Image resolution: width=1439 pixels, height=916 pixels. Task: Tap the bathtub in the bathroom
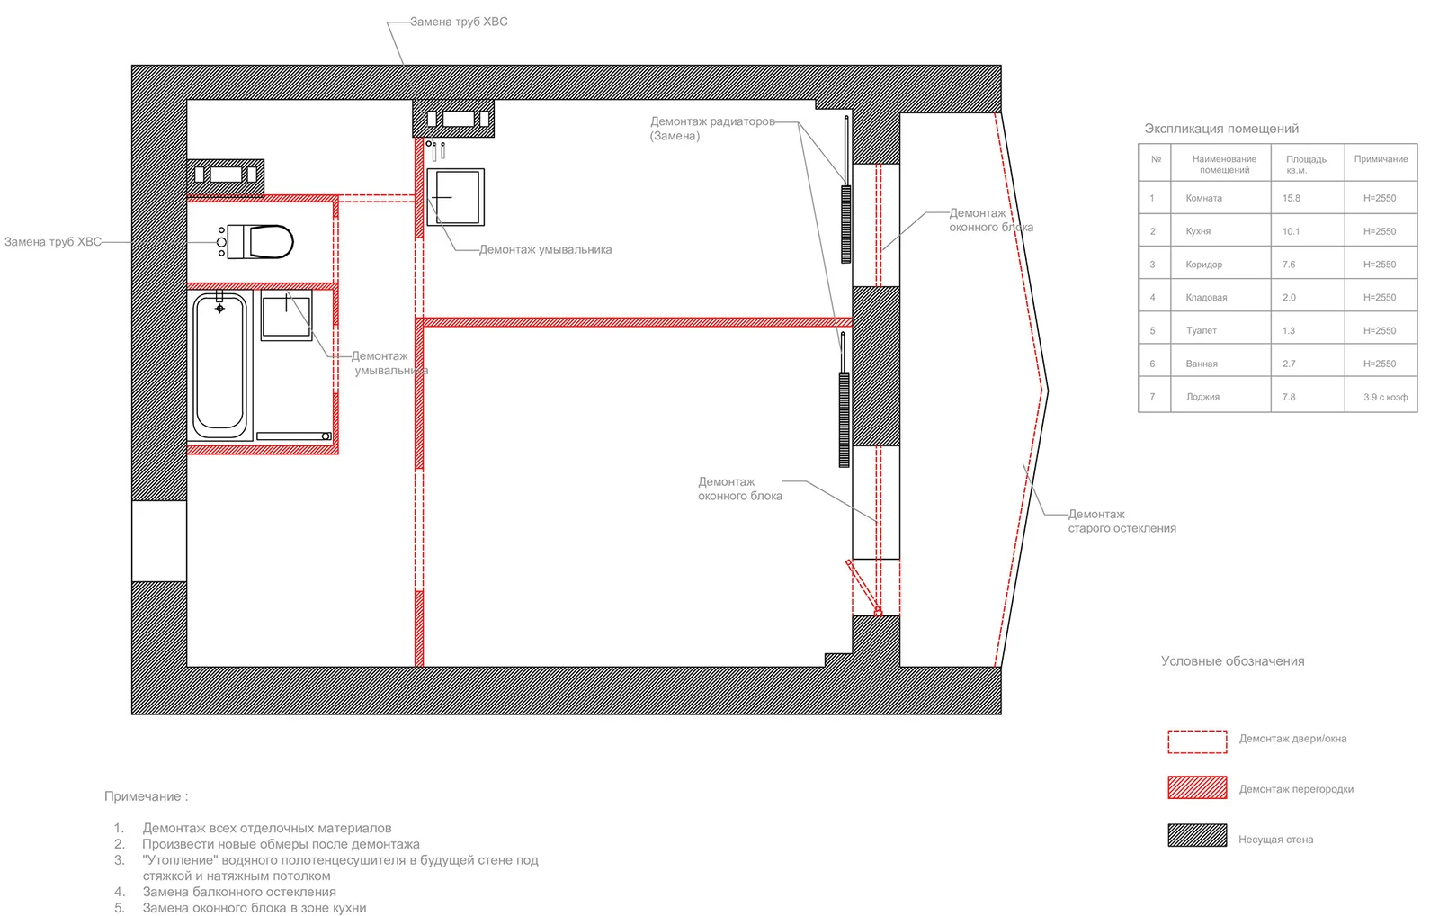point(219,364)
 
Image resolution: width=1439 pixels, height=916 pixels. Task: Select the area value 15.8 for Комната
point(1292,198)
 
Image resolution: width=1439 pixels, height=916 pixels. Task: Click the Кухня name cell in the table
point(1198,231)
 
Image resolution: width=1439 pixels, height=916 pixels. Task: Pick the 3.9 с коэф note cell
point(1385,397)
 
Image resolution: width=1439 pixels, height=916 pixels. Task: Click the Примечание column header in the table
point(1381,159)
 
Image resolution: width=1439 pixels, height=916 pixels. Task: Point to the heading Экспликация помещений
point(1220,129)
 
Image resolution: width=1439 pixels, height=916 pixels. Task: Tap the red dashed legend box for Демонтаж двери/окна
point(1197,741)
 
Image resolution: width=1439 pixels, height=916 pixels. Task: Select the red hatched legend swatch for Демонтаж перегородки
point(1197,787)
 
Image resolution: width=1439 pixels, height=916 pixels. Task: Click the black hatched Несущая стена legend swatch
point(1197,835)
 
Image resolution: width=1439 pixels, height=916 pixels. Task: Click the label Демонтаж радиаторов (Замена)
point(711,128)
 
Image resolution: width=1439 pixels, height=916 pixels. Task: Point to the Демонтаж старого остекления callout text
point(1122,521)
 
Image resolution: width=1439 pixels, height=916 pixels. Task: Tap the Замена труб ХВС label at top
point(459,22)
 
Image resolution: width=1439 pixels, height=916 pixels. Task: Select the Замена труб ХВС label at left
point(53,242)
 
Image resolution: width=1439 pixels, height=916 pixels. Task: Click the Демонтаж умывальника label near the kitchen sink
point(545,250)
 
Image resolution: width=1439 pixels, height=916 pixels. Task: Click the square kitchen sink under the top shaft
point(456,197)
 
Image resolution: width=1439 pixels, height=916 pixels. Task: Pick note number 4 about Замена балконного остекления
point(238,892)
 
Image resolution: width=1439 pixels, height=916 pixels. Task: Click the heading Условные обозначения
point(1232,661)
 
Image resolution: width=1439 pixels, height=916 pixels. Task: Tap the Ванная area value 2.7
point(1289,364)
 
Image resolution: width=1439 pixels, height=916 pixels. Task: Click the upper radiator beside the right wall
point(845,224)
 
